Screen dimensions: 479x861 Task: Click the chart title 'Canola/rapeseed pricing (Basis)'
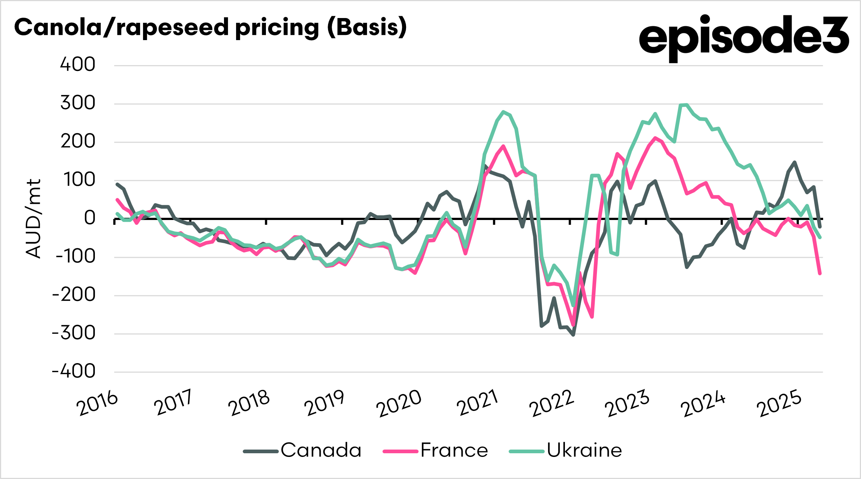pyautogui.click(x=210, y=28)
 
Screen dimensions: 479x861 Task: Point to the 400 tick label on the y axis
pyautogui.click(x=78, y=65)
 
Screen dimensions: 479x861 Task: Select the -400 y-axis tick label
pyautogui.click(x=74, y=372)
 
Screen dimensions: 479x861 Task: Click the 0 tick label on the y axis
pyautogui.click(x=89, y=218)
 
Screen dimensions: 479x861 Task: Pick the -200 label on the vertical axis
pyautogui.click(x=74, y=295)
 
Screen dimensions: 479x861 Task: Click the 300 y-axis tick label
pyautogui.click(x=78, y=103)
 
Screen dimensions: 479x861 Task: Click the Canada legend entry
pyautogui.click(x=303, y=450)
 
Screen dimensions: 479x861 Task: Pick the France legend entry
pyautogui.click(x=436, y=450)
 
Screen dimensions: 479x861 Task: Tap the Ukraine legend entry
pyautogui.click(x=566, y=450)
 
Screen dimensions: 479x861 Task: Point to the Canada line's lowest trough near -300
pyautogui.click(x=573, y=335)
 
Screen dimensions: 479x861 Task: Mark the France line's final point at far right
pyautogui.click(x=820, y=273)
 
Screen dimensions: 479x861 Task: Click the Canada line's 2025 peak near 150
pyautogui.click(x=795, y=162)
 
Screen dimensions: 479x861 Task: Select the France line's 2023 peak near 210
pyautogui.click(x=655, y=138)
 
